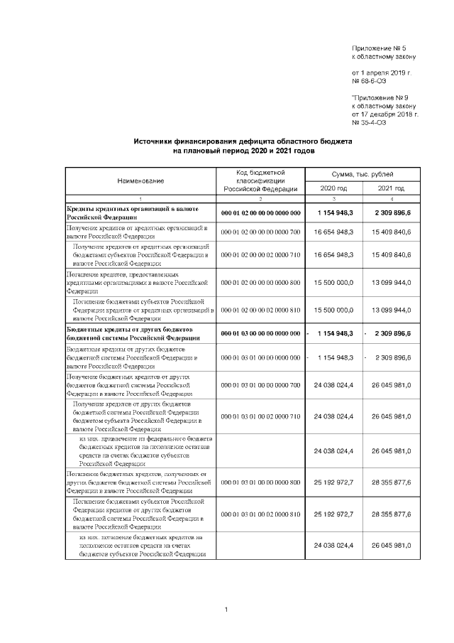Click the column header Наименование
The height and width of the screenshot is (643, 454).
tap(140, 181)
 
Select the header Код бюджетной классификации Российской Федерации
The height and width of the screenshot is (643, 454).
tap(260, 181)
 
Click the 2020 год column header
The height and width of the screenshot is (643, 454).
tap(333, 188)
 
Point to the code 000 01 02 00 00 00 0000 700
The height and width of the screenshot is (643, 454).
tap(260, 232)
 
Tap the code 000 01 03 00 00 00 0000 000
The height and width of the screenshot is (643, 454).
tap(260, 333)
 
